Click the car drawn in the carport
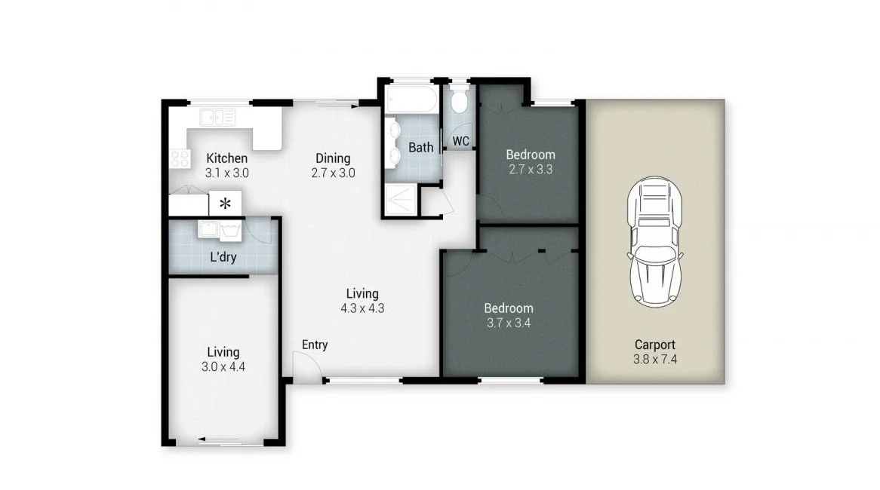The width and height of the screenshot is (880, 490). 655,242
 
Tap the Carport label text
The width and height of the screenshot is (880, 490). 654,345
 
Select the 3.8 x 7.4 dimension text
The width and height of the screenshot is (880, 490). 655,360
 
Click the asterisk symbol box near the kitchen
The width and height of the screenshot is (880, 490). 225,203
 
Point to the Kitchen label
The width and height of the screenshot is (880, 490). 226,158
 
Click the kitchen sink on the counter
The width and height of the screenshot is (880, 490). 217,117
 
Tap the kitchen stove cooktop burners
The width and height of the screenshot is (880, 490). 180,158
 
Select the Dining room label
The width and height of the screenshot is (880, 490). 333,158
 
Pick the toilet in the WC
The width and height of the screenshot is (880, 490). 459,101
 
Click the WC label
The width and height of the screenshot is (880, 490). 461,141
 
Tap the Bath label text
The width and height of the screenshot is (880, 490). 420,147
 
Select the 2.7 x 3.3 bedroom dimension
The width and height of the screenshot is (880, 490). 529,170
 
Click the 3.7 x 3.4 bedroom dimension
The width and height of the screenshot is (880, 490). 508,323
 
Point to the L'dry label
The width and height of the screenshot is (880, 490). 223,256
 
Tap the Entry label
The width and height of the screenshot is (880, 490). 315,345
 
